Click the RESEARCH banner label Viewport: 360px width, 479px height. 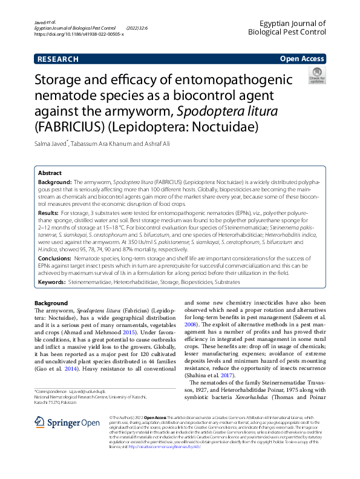click(57, 59)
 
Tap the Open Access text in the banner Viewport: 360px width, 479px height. click(303, 59)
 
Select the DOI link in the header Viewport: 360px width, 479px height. click(79, 35)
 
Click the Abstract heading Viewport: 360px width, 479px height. click(50, 173)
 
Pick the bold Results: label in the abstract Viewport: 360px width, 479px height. click(48, 213)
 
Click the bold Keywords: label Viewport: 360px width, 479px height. click(52, 282)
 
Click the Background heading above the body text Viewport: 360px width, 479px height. click(51, 303)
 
